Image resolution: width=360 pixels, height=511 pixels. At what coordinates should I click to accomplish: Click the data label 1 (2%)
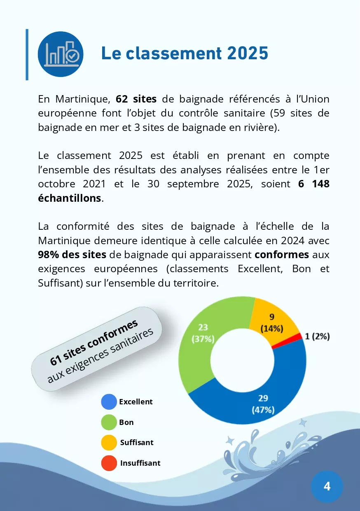coord(317,336)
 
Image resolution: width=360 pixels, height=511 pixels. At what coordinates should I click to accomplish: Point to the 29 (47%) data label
coord(263,404)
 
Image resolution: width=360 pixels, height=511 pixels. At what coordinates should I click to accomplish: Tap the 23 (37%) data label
coord(203,333)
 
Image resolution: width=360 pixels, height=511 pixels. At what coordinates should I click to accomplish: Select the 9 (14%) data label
coord(272,323)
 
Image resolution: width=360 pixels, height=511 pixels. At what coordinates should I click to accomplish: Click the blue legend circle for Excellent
coord(109,402)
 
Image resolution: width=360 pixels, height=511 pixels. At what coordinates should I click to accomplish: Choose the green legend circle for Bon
coord(109,422)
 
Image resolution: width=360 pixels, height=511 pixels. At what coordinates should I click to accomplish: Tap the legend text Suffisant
coord(137,443)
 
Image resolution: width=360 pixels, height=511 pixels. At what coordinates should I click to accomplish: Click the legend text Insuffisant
coord(140,463)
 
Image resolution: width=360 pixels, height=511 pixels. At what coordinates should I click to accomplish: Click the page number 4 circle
coord(327,486)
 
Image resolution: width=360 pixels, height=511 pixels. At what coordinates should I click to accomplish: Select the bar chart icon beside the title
coord(61,54)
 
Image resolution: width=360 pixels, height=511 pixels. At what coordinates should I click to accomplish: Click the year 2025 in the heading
coord(248,53)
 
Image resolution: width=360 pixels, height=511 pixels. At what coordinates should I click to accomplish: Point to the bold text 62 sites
coord(136,99)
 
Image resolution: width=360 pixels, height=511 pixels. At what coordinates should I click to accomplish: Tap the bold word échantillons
coord(70,198)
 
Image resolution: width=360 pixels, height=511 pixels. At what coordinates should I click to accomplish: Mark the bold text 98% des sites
coord(72,254)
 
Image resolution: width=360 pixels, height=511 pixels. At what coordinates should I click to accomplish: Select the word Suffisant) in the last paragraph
coord(61,283)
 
